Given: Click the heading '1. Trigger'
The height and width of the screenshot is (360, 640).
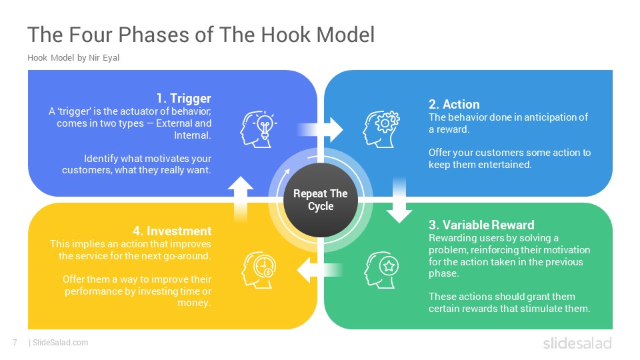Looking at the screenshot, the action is tap(184, 99).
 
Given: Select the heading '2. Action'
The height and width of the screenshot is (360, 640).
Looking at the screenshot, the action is tap(454, 105).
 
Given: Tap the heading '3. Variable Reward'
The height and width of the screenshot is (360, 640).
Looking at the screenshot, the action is tap(481, 225).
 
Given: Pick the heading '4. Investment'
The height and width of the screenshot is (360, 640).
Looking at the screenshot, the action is tap(172, 231).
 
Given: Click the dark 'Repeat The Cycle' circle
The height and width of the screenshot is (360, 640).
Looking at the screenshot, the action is tap(321, 199).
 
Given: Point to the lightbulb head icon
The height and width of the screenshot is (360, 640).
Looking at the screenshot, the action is tap(259, 129).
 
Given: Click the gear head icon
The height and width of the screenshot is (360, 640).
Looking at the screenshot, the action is tap(381, 129).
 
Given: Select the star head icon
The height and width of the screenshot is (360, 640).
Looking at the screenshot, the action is tap(381, 270).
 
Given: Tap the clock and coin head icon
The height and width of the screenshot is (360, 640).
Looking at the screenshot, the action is tap(259, 270).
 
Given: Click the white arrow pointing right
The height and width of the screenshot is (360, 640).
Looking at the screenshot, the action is tap(321, 130).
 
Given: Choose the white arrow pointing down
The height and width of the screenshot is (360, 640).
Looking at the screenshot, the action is tap(399, 201).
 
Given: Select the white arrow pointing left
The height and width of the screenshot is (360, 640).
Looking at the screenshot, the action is tap(319, 270).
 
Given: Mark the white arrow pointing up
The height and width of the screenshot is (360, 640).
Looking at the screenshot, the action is tap(241, 199).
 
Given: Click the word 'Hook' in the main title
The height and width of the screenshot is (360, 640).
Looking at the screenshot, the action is tap(285, 35).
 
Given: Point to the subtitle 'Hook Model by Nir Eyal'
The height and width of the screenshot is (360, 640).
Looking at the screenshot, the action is tap(73, 57).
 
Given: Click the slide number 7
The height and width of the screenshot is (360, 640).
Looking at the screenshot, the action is tap(15, 343).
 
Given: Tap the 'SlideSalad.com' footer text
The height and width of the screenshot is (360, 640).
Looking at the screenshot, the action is tap(61, 343).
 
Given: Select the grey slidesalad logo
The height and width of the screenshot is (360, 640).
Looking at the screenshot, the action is tap(577, 343).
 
